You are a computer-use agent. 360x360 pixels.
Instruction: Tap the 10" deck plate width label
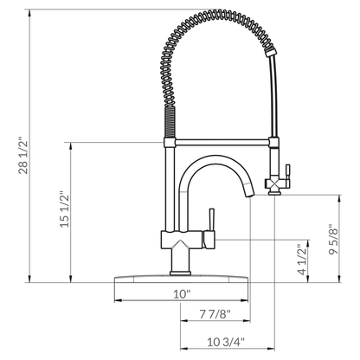(x=181, y=294)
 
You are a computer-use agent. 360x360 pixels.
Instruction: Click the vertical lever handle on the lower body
(x=207, y=227)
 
